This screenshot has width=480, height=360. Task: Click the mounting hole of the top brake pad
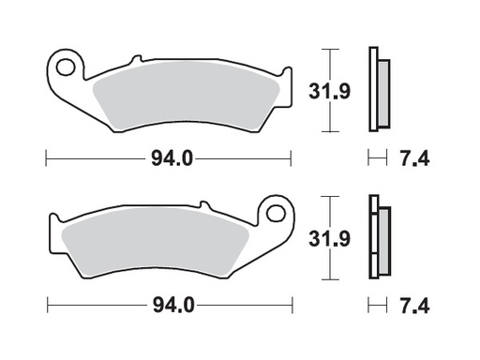[65, 67]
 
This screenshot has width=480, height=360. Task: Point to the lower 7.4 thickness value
[415, 306]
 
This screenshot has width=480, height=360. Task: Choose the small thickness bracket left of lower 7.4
[377, 306]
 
